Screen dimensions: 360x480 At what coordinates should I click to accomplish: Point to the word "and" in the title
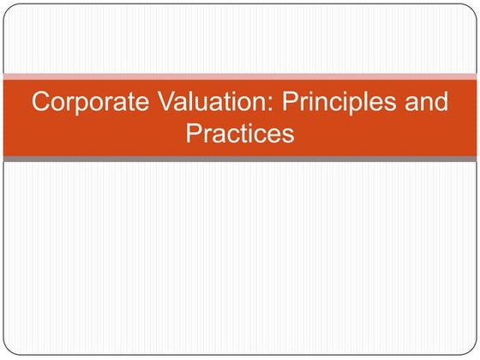click(x=426, y=102)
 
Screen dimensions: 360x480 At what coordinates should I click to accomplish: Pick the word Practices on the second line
click(x=239, y=133)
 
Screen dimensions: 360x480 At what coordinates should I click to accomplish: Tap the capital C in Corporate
click(x=40, y=102)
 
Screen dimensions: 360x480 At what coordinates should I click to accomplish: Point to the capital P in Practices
click(x=193, y=133)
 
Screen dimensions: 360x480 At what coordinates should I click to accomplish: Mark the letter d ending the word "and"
click(x=441, y=102)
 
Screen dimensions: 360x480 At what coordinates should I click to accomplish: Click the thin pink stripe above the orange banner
click(x=240, y=76)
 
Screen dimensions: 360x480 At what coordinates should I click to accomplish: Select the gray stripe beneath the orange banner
click(x=240, y=159)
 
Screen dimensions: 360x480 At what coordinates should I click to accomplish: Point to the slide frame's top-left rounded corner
click(x=7, y=8)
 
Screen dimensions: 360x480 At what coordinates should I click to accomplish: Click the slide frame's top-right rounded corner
click(x=473, y=8)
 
